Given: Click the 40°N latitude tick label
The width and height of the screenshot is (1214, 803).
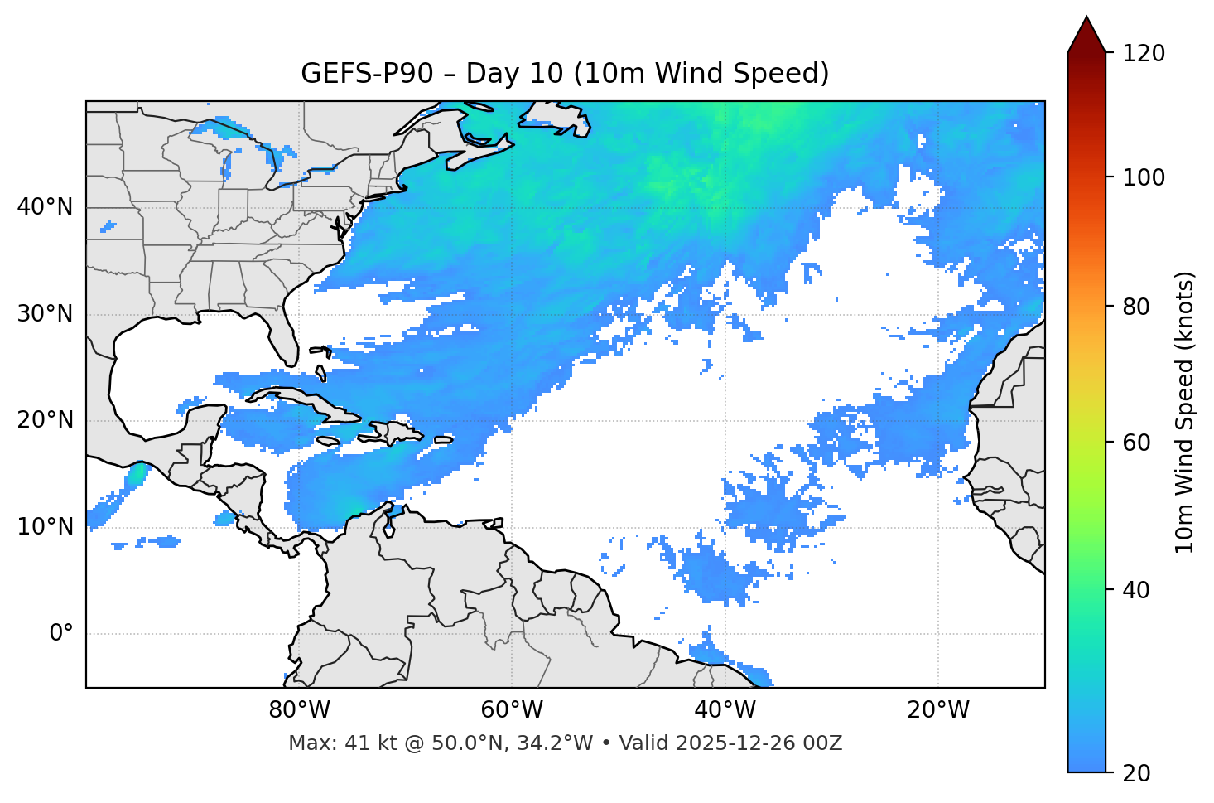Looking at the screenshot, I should (45, 207).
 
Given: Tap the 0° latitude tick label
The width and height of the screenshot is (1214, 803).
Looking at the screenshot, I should (61, 634).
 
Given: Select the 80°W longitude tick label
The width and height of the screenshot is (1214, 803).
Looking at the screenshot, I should (299, 710).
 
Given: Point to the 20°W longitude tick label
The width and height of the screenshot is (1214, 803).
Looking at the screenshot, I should (938, 710).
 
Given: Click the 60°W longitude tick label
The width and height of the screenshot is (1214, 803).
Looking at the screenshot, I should (512, 710).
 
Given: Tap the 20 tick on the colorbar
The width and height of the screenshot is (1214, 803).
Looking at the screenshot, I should (1136, 773).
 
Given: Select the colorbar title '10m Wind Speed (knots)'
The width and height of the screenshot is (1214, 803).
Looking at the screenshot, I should (1185, 412).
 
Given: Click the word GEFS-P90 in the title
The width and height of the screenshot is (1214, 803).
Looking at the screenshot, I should (366, 74).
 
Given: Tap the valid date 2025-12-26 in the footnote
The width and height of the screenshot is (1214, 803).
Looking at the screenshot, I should (735, 743).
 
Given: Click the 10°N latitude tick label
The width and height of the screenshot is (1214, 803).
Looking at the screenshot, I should (45, 527).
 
